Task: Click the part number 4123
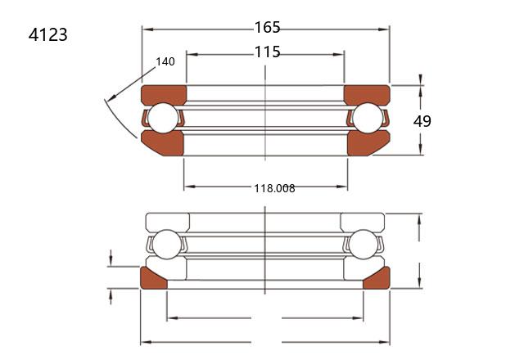[47, 34]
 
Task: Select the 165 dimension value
[268, 27]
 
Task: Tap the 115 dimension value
[268, 52]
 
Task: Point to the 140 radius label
[165, 61]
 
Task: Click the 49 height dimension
[422, 121]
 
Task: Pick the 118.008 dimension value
[274, 188]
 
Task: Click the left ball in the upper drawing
[163, 118]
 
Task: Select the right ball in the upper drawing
[368, 118]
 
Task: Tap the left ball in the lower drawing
[166, 244]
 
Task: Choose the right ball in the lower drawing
[363, 244]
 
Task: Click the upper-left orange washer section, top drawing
[164, 94]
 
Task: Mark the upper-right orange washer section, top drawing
[367, 94]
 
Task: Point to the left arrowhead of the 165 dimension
[147, 29]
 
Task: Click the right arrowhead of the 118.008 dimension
[342, 187]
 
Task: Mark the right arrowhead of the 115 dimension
[339, 55]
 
